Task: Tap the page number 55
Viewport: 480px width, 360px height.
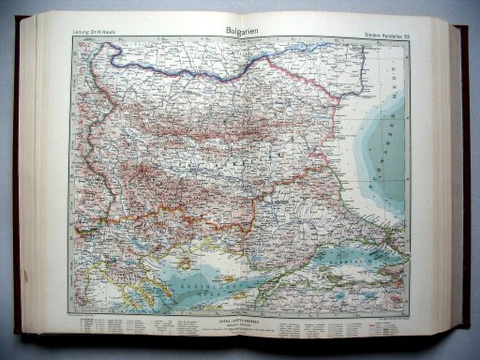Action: [406, 37]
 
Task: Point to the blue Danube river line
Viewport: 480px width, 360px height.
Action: [187, 67]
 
